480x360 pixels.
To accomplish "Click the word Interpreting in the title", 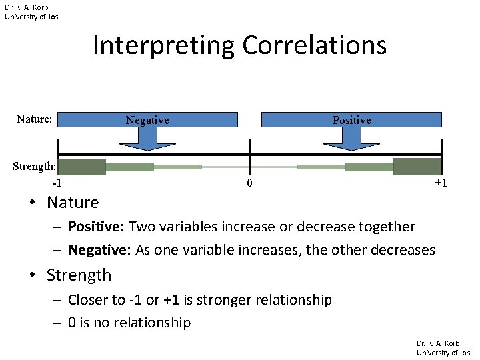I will point(163,46).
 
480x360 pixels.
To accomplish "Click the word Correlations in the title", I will point(314,46).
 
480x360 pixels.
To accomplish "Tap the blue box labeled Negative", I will point(147,120).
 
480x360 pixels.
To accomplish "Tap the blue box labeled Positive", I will point(351,120).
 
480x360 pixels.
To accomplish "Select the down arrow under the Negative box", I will point(147,138).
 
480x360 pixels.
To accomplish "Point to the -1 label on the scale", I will point(58,183).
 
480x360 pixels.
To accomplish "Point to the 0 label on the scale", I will point(249,183).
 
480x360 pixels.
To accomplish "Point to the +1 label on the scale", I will point(440,183).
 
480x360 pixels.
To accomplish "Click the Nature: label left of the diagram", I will point(34,119).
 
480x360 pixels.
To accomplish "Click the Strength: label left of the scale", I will point(34,166).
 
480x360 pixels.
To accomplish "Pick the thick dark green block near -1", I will point(82,167).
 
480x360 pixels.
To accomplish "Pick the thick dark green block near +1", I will point(417,167).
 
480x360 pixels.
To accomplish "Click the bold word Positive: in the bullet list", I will point(97,227).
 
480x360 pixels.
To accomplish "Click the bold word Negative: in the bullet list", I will point(99,251).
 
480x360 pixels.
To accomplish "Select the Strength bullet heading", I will point(79,275).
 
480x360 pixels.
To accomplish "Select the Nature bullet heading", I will point(73,202).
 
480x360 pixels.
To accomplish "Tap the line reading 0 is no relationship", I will point(129,323).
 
